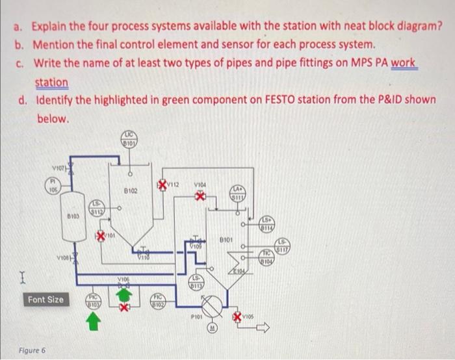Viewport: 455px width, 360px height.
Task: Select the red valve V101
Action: click(x=102, y=233)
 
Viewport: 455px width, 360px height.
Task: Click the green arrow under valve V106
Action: click(x=120, y=294)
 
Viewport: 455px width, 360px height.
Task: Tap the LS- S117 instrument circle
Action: click(x=283, y=246)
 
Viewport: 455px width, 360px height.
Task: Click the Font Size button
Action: click(x=45, y=300)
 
